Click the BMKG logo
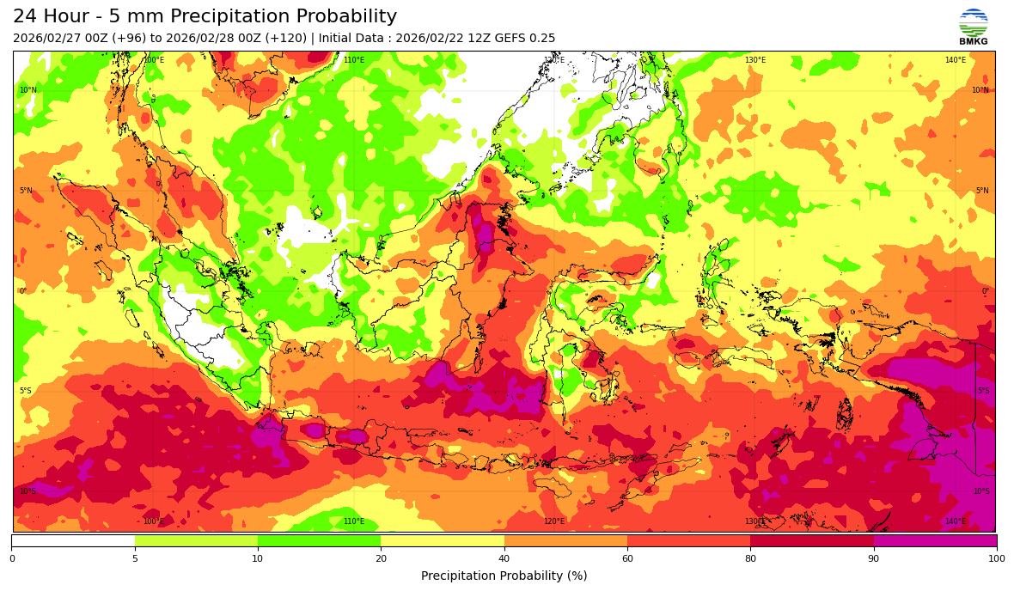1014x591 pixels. [973, 27]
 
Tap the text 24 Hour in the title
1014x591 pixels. [49, 17]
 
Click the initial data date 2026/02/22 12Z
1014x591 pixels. [435, 39]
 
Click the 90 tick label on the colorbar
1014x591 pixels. [874, 558]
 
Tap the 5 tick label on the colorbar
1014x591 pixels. [135, 558]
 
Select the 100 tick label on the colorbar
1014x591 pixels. [996, 558]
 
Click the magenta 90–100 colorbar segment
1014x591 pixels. [935, 540]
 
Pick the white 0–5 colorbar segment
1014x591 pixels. [73, 540]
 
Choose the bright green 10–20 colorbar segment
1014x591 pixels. [319, 540]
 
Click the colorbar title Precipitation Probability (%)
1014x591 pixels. [504, 576]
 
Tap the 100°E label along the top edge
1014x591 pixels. [154, 60]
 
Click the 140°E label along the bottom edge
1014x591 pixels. [956, 521]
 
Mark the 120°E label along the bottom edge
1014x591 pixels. [554, 521]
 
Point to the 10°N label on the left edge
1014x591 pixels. [28, 90]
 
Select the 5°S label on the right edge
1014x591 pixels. [983, 391]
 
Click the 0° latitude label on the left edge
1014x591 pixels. [23, 291]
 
